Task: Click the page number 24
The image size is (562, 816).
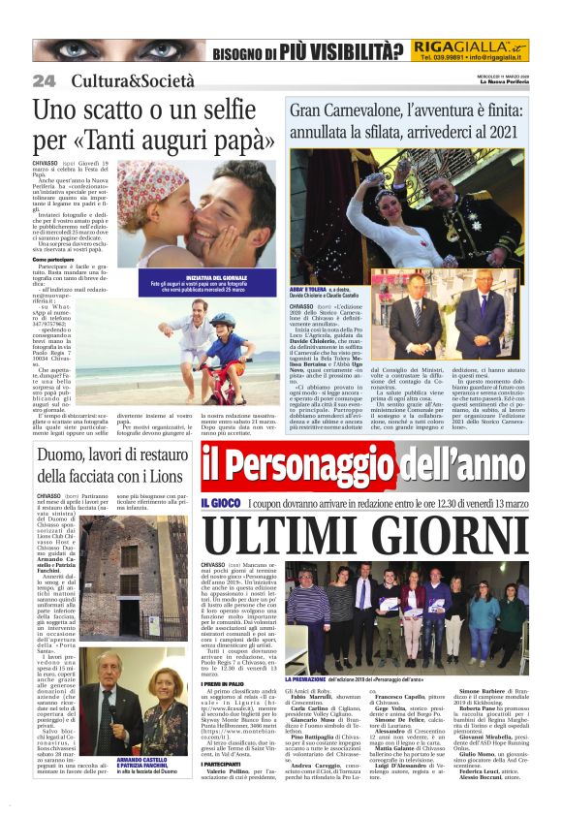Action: tap(44, 79)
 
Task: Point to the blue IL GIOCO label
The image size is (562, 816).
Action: tap(219, 502)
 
